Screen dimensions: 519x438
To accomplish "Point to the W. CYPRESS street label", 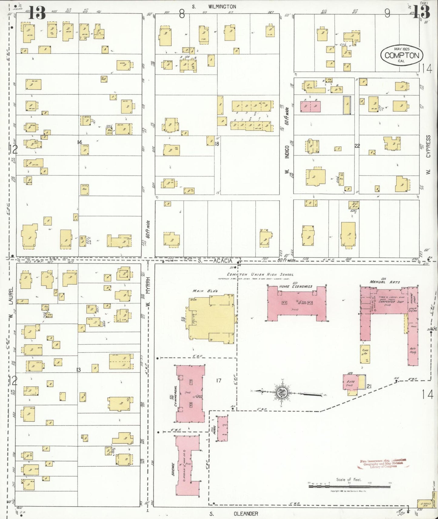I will (428, 154).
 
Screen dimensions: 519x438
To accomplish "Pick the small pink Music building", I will (222, 428).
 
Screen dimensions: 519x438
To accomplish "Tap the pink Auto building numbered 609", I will (351, 384).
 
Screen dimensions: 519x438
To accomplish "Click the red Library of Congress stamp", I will (383, 464).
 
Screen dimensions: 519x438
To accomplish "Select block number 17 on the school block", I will (219, 381).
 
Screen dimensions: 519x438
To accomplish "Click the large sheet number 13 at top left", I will (37, 13).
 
